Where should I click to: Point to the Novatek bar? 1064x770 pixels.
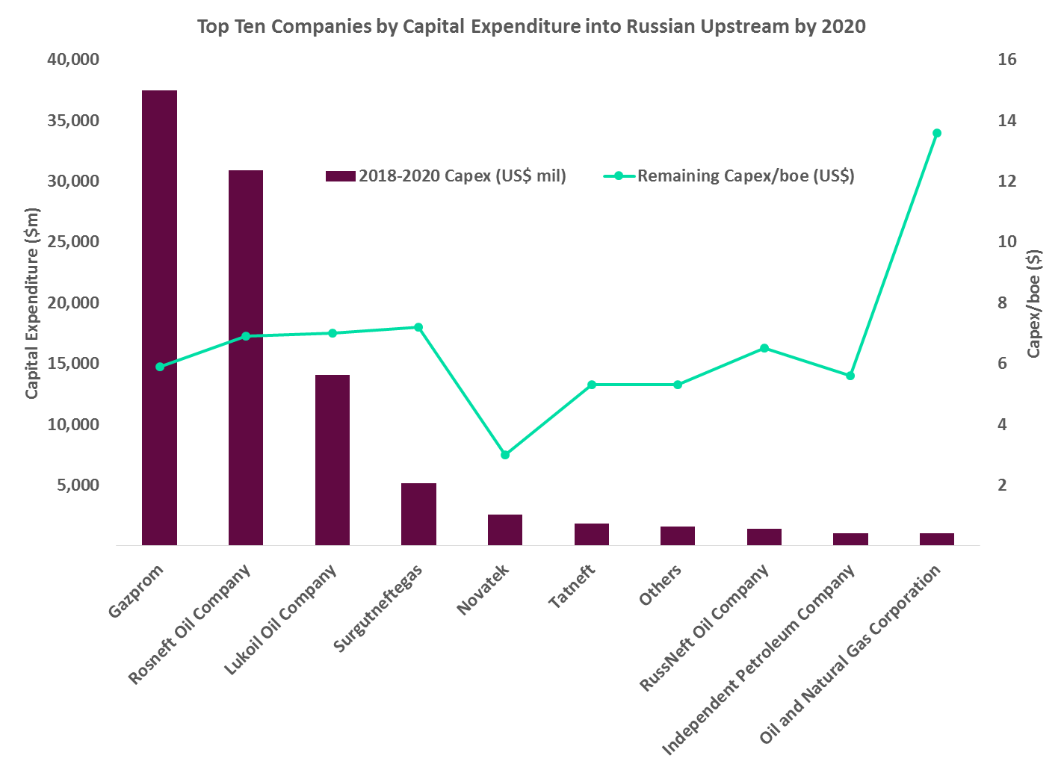505,530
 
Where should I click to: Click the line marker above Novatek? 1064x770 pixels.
505,454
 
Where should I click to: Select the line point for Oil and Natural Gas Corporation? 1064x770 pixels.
937,133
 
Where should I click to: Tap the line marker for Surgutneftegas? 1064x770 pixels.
418,327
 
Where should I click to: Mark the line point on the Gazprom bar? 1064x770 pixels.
159,367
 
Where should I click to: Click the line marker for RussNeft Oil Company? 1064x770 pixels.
764,348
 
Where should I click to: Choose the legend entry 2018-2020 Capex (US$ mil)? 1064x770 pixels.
446,176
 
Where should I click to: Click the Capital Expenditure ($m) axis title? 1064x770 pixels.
32,302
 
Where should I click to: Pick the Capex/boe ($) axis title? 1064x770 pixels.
1033,303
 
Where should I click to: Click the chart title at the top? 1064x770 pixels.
531,27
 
